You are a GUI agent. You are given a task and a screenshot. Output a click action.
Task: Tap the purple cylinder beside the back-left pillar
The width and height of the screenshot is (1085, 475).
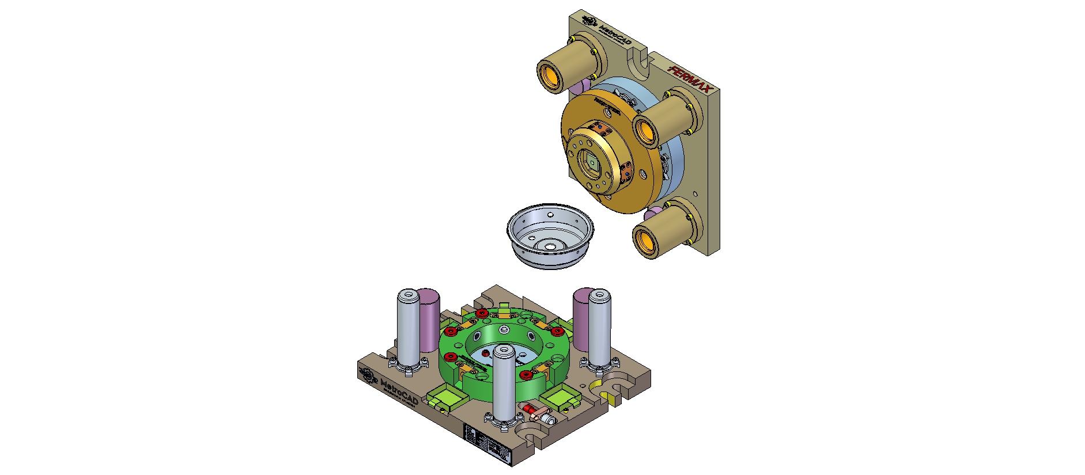point(429,320)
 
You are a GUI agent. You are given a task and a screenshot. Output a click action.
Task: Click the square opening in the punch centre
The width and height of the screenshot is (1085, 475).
point(591,164)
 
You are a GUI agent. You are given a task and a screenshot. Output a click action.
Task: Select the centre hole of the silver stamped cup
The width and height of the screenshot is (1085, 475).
point(551,246)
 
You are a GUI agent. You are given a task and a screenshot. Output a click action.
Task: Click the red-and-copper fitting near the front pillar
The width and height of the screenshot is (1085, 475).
point(536,411)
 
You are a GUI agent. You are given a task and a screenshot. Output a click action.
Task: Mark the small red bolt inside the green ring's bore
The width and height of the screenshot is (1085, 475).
point(486,352)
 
